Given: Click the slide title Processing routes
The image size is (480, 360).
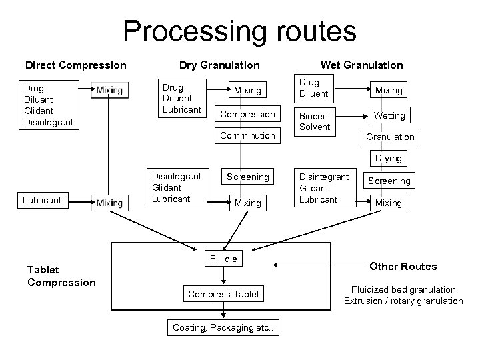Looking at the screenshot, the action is coord(240,31).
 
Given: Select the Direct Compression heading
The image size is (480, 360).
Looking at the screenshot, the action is coord(75,65).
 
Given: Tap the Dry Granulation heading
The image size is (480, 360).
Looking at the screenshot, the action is coord(219,65).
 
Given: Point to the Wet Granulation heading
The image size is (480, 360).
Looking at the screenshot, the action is coord(361,65).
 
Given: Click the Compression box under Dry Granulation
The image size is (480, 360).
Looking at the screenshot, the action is coord(247,114).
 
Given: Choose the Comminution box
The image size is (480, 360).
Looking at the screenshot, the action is coord(247,135).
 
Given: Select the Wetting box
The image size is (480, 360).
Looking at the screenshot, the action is coord(389,115).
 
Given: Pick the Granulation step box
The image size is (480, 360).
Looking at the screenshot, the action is coord(390,137).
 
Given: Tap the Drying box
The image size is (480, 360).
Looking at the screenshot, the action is coord(389,158).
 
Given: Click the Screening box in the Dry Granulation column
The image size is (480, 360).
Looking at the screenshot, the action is coord(247,177).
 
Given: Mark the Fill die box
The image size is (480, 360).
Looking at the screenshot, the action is coord(223,259).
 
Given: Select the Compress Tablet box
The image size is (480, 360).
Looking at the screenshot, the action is coord(223,294).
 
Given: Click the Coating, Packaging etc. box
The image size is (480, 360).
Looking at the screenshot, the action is coord(223,327).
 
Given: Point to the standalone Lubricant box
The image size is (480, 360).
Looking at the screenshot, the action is coord(43,200).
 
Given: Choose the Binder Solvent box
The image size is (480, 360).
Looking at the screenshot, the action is coord(315,122).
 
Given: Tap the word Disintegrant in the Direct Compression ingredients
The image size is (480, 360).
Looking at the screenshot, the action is coord(49,122).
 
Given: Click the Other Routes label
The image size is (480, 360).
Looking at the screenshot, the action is coord(403,266).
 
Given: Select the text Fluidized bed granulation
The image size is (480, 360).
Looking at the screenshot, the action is coord(403,289).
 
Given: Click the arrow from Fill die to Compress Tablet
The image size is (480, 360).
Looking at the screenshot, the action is coord(223,275).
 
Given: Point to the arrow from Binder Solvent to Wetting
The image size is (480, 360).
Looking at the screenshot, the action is coord(352,116).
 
